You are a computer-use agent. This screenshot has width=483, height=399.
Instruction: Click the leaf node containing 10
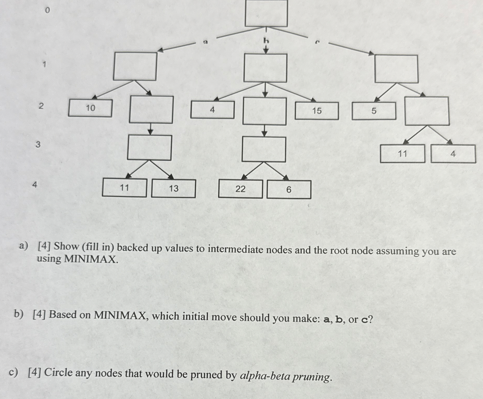90,108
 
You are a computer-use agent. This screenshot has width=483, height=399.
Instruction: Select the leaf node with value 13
174,188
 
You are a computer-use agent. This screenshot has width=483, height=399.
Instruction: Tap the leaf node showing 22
240,189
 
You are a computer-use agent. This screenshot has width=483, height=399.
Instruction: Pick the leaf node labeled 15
317,111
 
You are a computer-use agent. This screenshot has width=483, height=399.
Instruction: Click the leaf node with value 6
289,190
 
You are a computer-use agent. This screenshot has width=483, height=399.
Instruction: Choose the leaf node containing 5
374,111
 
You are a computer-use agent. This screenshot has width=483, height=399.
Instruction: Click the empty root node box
266,13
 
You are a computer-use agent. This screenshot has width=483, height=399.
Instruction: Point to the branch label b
266,41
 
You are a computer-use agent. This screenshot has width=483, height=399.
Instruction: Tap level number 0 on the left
47,10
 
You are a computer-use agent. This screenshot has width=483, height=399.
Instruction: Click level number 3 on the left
38,144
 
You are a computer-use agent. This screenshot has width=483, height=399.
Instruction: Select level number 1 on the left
45,64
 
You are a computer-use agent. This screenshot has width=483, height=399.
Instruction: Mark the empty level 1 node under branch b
265,68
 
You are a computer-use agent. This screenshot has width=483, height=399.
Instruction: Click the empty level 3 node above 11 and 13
149,148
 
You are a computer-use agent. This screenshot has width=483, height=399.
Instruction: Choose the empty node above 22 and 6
264,149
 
